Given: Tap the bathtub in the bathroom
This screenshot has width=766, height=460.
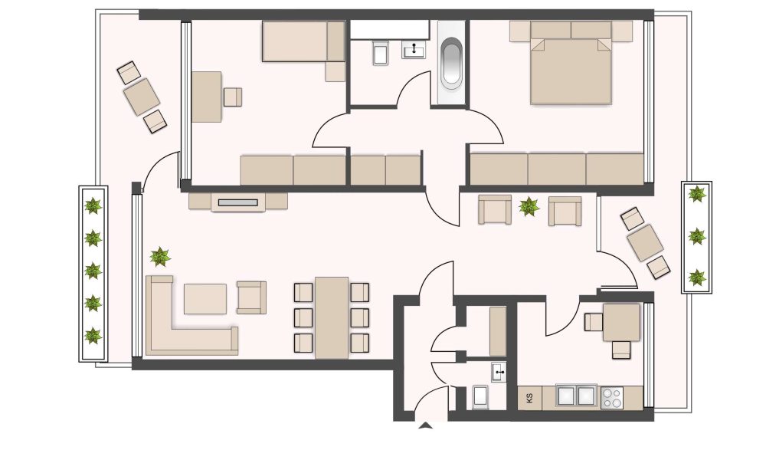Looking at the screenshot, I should coord(451,64).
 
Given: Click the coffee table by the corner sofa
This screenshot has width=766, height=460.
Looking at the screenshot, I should coord(205,299).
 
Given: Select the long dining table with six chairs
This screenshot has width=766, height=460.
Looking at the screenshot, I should coord(332,317).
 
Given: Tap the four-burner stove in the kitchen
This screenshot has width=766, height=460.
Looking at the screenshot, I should coord(612,397).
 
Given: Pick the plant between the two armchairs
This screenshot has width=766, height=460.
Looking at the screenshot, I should coord(529,206).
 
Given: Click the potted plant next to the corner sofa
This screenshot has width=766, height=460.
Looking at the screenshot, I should coord(160,255).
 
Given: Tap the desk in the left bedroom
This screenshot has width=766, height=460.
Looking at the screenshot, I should coord(206,97).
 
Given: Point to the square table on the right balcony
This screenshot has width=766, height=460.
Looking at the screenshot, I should coord(645,242).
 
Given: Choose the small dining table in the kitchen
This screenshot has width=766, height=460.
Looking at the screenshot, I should coord(621,323).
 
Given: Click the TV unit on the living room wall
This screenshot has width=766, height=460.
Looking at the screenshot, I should coord(238,202).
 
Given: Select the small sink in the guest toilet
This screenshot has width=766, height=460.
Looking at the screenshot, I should coord(499,374).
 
